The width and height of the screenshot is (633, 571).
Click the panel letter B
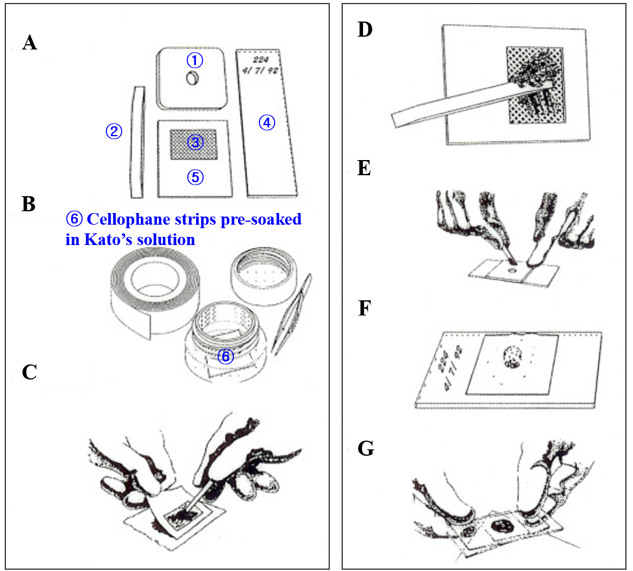(x=29, y=204)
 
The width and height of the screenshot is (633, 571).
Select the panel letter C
(x=30, y=373)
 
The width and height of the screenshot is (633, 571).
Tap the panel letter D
(x=365, y=30)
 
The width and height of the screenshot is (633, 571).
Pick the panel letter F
(x=364, y=308)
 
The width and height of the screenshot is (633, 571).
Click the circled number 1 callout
(x=195, y=59)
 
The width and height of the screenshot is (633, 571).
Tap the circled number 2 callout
(x=113, y=132)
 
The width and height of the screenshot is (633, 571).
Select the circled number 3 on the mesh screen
(x=195, y=142)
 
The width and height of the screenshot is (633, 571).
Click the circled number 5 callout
(x=195, y=178)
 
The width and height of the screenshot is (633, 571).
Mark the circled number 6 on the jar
(x=226, y=356)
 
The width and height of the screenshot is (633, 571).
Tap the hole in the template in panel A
(x=193, y=79)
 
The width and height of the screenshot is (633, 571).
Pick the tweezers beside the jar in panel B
(x=293, y=314)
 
